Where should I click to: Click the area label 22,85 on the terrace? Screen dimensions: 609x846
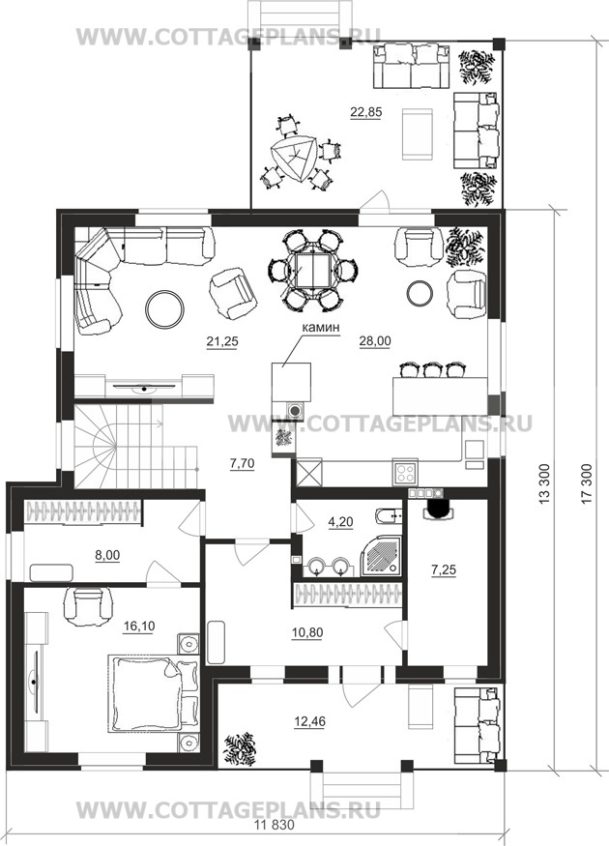pos(365,112)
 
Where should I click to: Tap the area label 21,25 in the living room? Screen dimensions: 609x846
pos(222,341)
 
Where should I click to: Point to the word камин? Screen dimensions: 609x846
pos(321,327)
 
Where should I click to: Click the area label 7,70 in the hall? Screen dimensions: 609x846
pos(243,463)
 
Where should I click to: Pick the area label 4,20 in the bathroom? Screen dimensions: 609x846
pos(341,522)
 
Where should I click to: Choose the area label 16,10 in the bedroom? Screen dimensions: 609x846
pos(139,626)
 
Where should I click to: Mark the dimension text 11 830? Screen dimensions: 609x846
pos(275,825)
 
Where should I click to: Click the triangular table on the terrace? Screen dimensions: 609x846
pos(294,157)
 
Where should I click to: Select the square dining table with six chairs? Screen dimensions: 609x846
pos(313,270)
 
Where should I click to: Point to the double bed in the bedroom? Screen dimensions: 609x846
pos(153,693)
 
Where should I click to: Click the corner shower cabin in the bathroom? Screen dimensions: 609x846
pos(381,556)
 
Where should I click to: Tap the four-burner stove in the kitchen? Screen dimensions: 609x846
pos(405,473)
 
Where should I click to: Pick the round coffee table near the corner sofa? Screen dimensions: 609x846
pos(164,308)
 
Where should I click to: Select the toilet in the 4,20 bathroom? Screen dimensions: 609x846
pos(387,516)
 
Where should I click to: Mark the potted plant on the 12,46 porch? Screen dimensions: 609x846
pos(240,750)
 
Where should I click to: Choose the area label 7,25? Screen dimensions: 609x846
pos(444,569)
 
